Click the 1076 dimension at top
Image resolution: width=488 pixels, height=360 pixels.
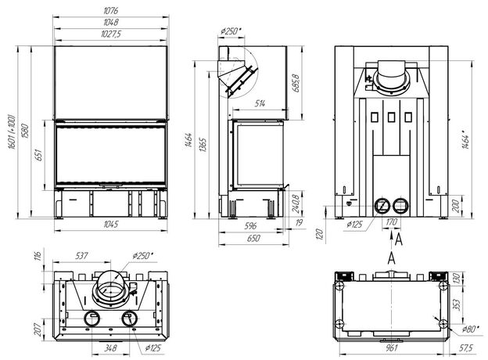[111, 11]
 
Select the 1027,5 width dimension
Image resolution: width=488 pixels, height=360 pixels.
[111, 34]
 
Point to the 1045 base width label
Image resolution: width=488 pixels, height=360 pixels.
[111, 225]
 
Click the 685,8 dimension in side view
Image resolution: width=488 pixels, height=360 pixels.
[296, 83]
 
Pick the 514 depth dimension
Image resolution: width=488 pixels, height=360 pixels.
[260, 103]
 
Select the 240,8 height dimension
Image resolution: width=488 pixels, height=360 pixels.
[296, 204]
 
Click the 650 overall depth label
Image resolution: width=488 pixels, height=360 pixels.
[253, 239]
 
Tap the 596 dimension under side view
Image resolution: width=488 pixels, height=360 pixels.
[250, 225]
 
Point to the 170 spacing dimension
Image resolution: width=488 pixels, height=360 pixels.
[392, 222]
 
